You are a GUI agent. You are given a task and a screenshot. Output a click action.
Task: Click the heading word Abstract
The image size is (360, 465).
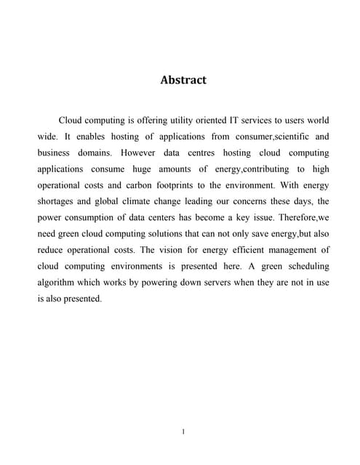pyautogui.click(x=183, y=80)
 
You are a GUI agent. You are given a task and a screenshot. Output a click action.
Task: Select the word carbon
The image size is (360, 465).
pyautogui.click(x=140, y=186)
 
